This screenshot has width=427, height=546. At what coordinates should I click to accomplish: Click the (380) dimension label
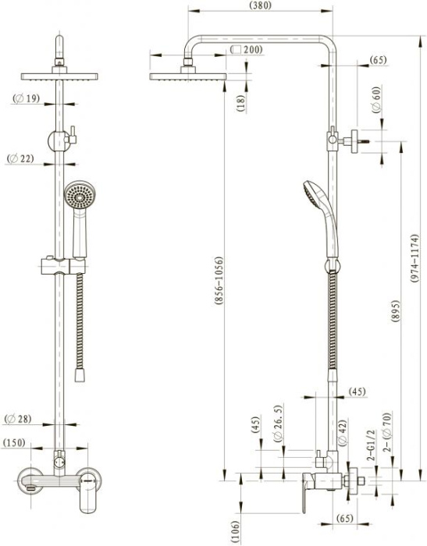(x=261, y=5)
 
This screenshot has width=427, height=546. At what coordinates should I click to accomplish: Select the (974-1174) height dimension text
(x=414, y=258)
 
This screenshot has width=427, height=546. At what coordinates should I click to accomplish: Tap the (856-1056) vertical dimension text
(x=219, y=282)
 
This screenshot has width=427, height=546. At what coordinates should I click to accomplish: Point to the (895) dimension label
(x=396, y=311)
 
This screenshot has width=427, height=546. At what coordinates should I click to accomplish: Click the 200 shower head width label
(x=247, y=50)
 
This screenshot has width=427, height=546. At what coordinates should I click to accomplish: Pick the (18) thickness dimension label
(x=241, y=103)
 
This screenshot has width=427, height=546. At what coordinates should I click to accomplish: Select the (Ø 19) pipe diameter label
(x=26, y=98)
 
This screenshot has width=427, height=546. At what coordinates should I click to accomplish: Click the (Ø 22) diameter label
(x=20, y=159)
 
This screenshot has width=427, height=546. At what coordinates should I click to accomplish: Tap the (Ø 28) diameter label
(x=18, y=419)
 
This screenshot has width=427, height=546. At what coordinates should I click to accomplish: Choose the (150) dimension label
(x=14, y=442)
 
